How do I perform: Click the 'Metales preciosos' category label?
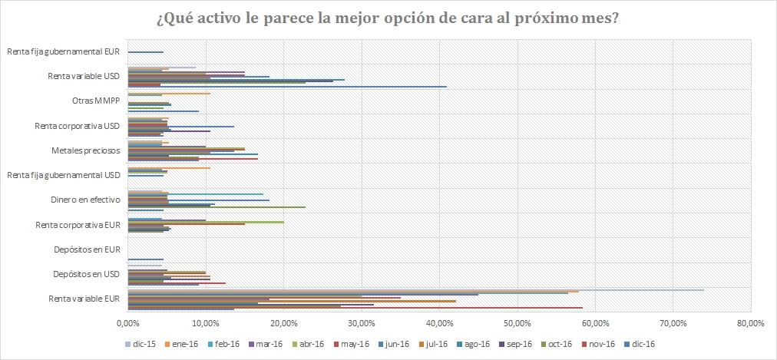(87, 150)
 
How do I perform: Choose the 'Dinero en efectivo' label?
(84, 200)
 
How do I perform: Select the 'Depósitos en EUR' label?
(87, 249)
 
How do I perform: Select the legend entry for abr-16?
(311, 345)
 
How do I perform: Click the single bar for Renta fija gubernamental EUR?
(145, 52)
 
